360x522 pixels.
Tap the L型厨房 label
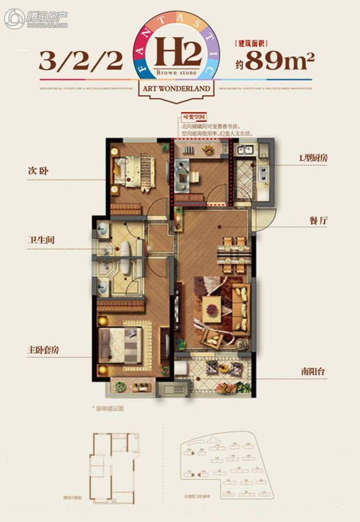point(314,159)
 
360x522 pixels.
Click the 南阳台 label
point(314,370)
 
